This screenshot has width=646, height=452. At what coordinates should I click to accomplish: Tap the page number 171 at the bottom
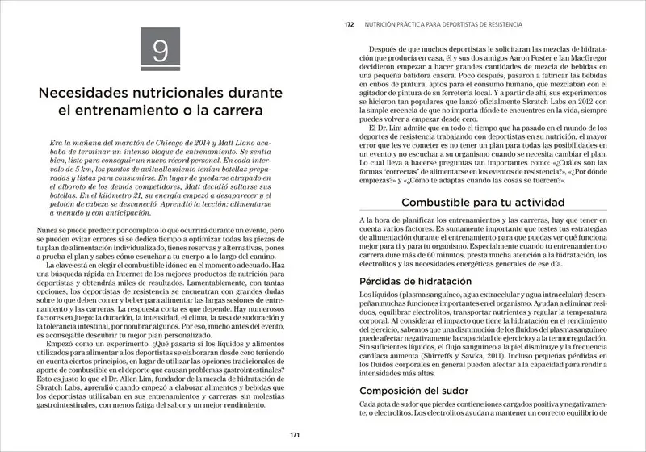(296, 435)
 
